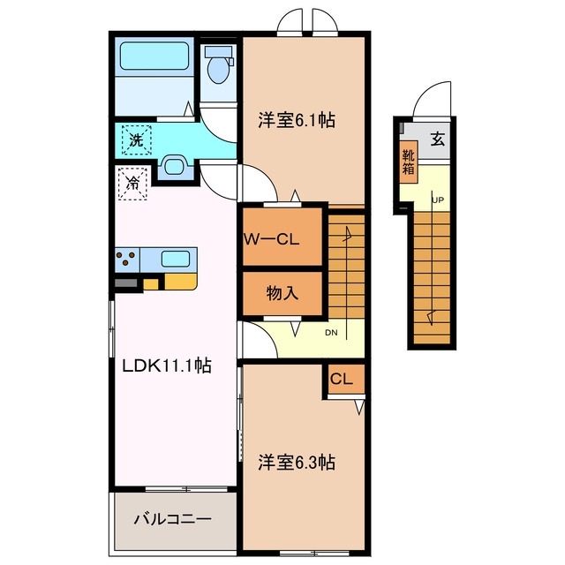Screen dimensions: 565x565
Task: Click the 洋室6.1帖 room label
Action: click(x=297, y=120)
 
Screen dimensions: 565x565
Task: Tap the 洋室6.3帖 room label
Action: click(x=297, y=461)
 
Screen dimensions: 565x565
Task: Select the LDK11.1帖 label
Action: click(x=167, y=365)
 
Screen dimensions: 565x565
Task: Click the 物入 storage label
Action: click(x=282, y=293)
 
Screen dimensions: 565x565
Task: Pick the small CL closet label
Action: click(x=342, y=380)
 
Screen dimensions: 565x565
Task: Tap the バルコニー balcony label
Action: click(x=172, y=518)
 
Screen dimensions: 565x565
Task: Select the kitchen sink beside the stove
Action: click(x=175, y=260)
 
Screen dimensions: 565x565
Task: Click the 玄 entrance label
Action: click(x=437, y=139)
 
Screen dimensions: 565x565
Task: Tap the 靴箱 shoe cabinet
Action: click(x=408, y=162)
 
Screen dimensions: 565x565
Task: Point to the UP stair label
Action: click(x=437, y=200)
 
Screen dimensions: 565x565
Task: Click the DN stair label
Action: click(x=331, y=333)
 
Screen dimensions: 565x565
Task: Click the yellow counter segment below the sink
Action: click(x=179, y=282)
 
